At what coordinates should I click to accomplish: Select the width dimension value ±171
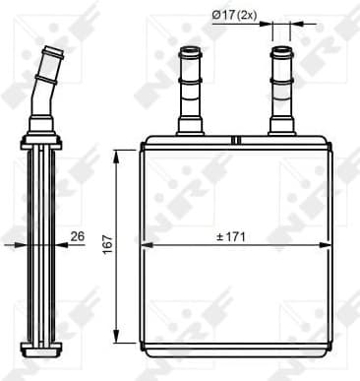pos(233,236)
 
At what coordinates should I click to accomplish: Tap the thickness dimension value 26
pos(78,236)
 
